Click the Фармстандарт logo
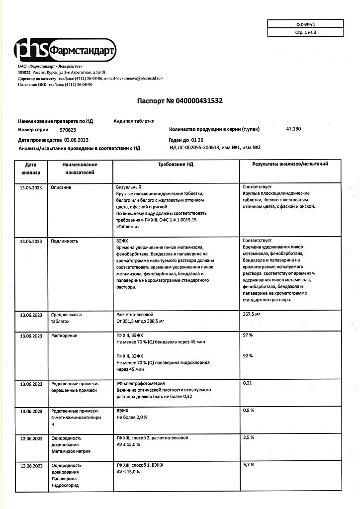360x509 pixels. [65, 51]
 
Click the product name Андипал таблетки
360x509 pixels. [134, 121]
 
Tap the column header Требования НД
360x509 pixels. [176, 164]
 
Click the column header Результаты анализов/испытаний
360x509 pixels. [290, 164]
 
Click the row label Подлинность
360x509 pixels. [65, 241]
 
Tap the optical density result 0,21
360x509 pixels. [247, 384]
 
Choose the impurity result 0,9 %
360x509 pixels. [249, 411]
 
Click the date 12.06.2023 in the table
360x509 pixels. [31, 438]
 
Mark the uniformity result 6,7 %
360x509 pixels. [249, 465]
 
